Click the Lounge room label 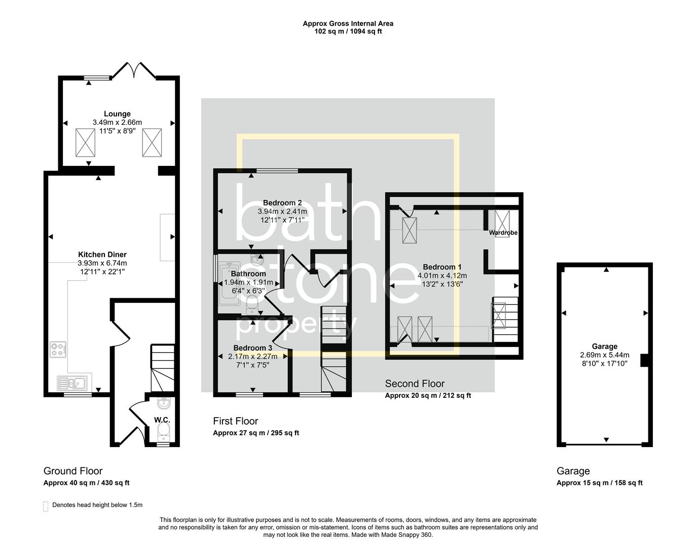click(117, 114)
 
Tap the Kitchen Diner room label click(102, 255)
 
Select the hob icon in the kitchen click(58, 350)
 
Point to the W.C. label click(162, 420)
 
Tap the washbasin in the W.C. click(164, 404)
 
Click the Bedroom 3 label click(252, 348)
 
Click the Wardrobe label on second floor click(503, 233)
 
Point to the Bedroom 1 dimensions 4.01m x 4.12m click(442, 276)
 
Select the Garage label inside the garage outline click(604, 347)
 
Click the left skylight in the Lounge click(85, 143)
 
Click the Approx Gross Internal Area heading click(348, 23)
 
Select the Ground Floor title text click(73, 471)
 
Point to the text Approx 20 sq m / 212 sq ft click(428, 396)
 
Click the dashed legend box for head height click(46, 506)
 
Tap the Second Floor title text click(415, 384)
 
